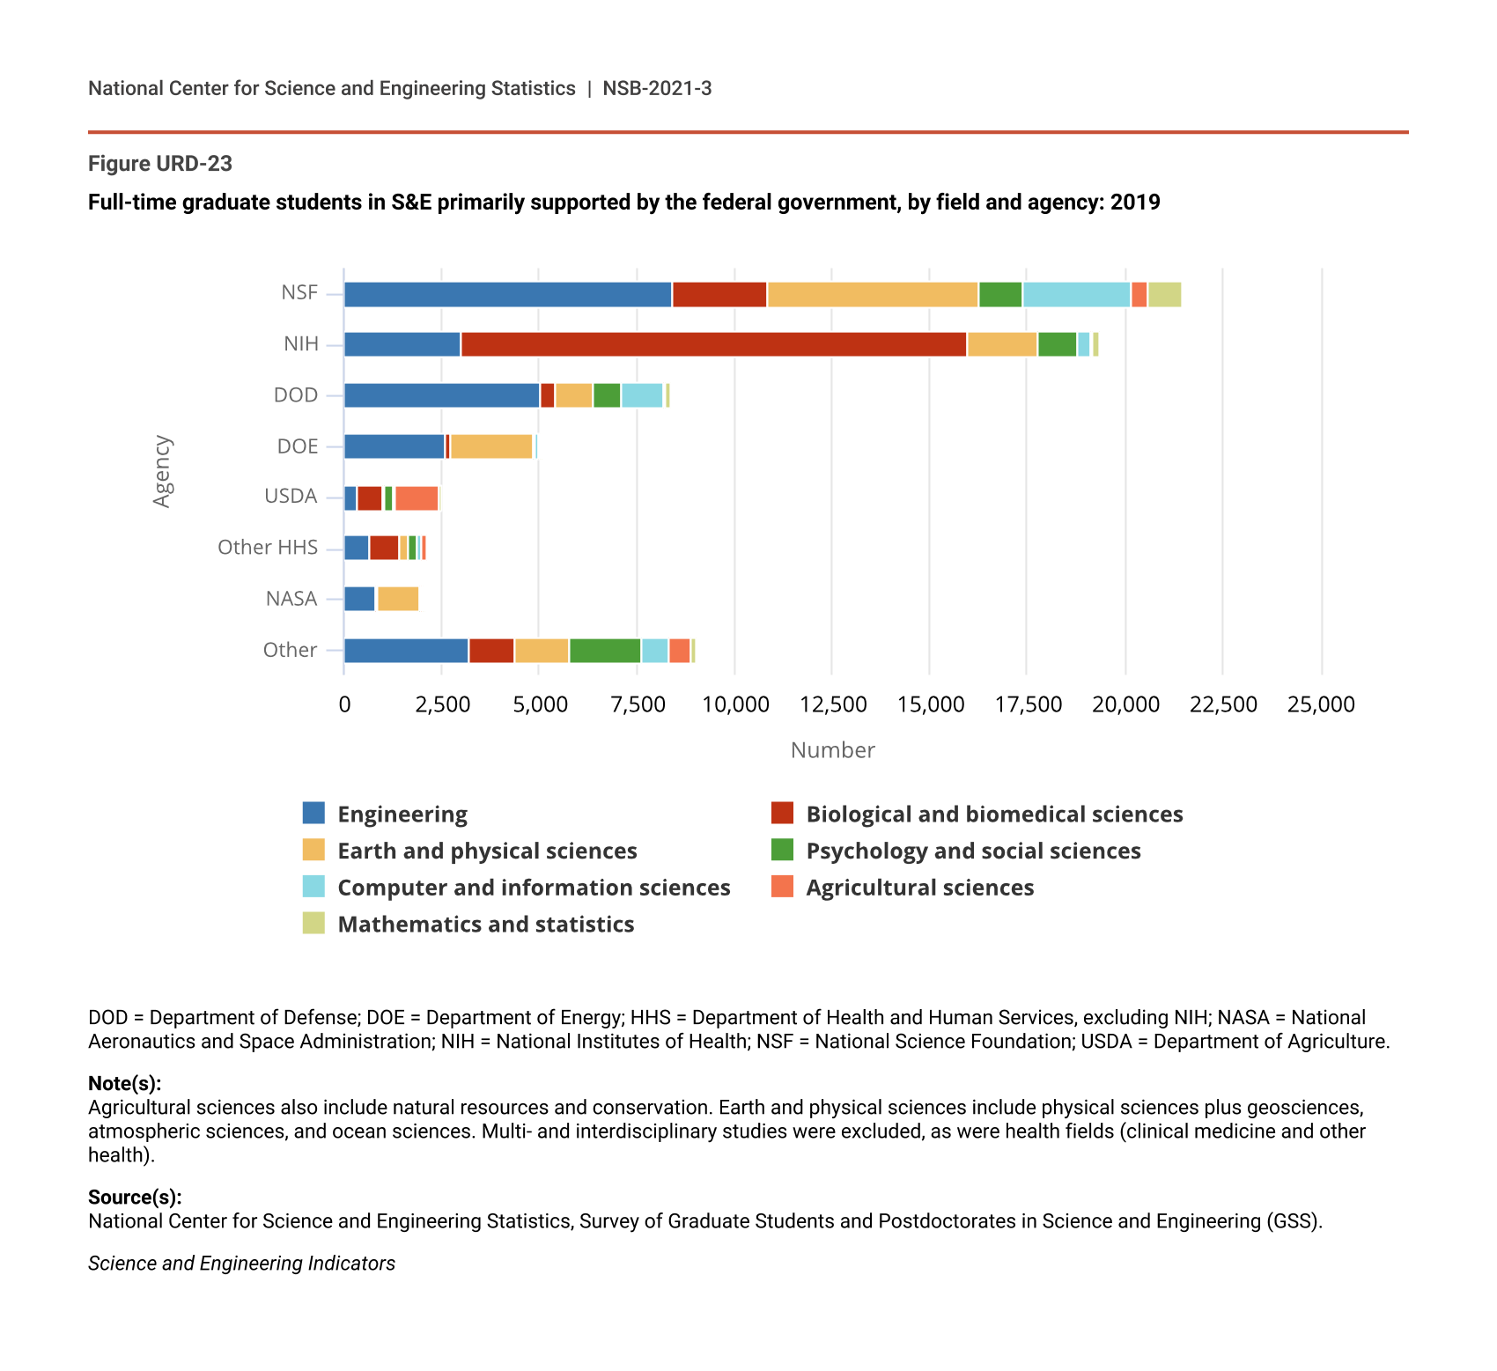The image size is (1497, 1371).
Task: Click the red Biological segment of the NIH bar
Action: coord(713,345)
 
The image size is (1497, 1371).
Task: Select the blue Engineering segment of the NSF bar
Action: coord(507,295)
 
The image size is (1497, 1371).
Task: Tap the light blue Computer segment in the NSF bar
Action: coord(1076,295)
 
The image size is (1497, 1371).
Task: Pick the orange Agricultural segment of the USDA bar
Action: coord(417,498)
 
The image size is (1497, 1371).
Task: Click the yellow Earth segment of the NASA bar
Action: coord(398,600)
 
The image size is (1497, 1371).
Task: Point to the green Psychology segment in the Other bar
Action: coord(605,651)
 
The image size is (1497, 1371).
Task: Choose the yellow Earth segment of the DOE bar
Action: coord(491,447)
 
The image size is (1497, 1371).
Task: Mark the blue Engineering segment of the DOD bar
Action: coord(441,396)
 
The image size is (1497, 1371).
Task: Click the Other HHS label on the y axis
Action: coord(268,548)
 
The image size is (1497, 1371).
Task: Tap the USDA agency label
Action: coord(291,497)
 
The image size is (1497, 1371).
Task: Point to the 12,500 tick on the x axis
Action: coord(833,704)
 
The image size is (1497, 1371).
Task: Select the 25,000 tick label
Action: coord(1321,704)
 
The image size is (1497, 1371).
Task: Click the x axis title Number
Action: coord(832,750)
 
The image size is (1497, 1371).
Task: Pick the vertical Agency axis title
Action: coord(162,471)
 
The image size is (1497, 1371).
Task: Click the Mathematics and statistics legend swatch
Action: coord(313,924)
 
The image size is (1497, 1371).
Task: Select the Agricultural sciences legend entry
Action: coord(919,888)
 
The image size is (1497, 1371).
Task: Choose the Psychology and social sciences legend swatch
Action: coord(782,851)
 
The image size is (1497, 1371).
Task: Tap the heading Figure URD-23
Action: coord(160,164)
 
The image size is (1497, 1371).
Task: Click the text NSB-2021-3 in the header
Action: coord(657,89)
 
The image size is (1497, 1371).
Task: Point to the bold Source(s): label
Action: coord(135,1198)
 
